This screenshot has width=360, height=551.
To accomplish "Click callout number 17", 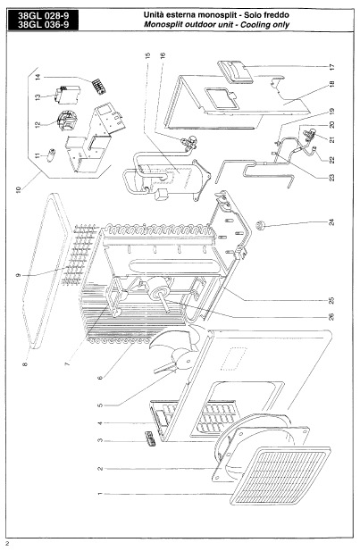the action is click(332, 66).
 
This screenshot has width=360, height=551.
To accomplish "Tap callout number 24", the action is click(331, 222).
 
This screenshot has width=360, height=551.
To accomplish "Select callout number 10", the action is click(19, 189).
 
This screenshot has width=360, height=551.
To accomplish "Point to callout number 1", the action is click(99, 494).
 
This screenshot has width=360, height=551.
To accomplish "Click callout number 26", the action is click(331, 317).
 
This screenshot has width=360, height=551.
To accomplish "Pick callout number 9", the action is click(18, 275).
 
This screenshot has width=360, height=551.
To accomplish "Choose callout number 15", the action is click(147, 55).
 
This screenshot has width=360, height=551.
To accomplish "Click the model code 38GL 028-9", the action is click(43, 16).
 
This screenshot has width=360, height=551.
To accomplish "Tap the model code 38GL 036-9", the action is click(43, 25).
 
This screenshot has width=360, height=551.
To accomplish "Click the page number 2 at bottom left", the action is click(7, 545).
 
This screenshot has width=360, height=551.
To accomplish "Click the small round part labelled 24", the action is click(261, 224).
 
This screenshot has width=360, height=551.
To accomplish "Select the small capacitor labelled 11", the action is click(53, 154).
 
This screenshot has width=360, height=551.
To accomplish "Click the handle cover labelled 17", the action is click(235, 71).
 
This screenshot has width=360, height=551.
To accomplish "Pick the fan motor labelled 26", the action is click(160, 290).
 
